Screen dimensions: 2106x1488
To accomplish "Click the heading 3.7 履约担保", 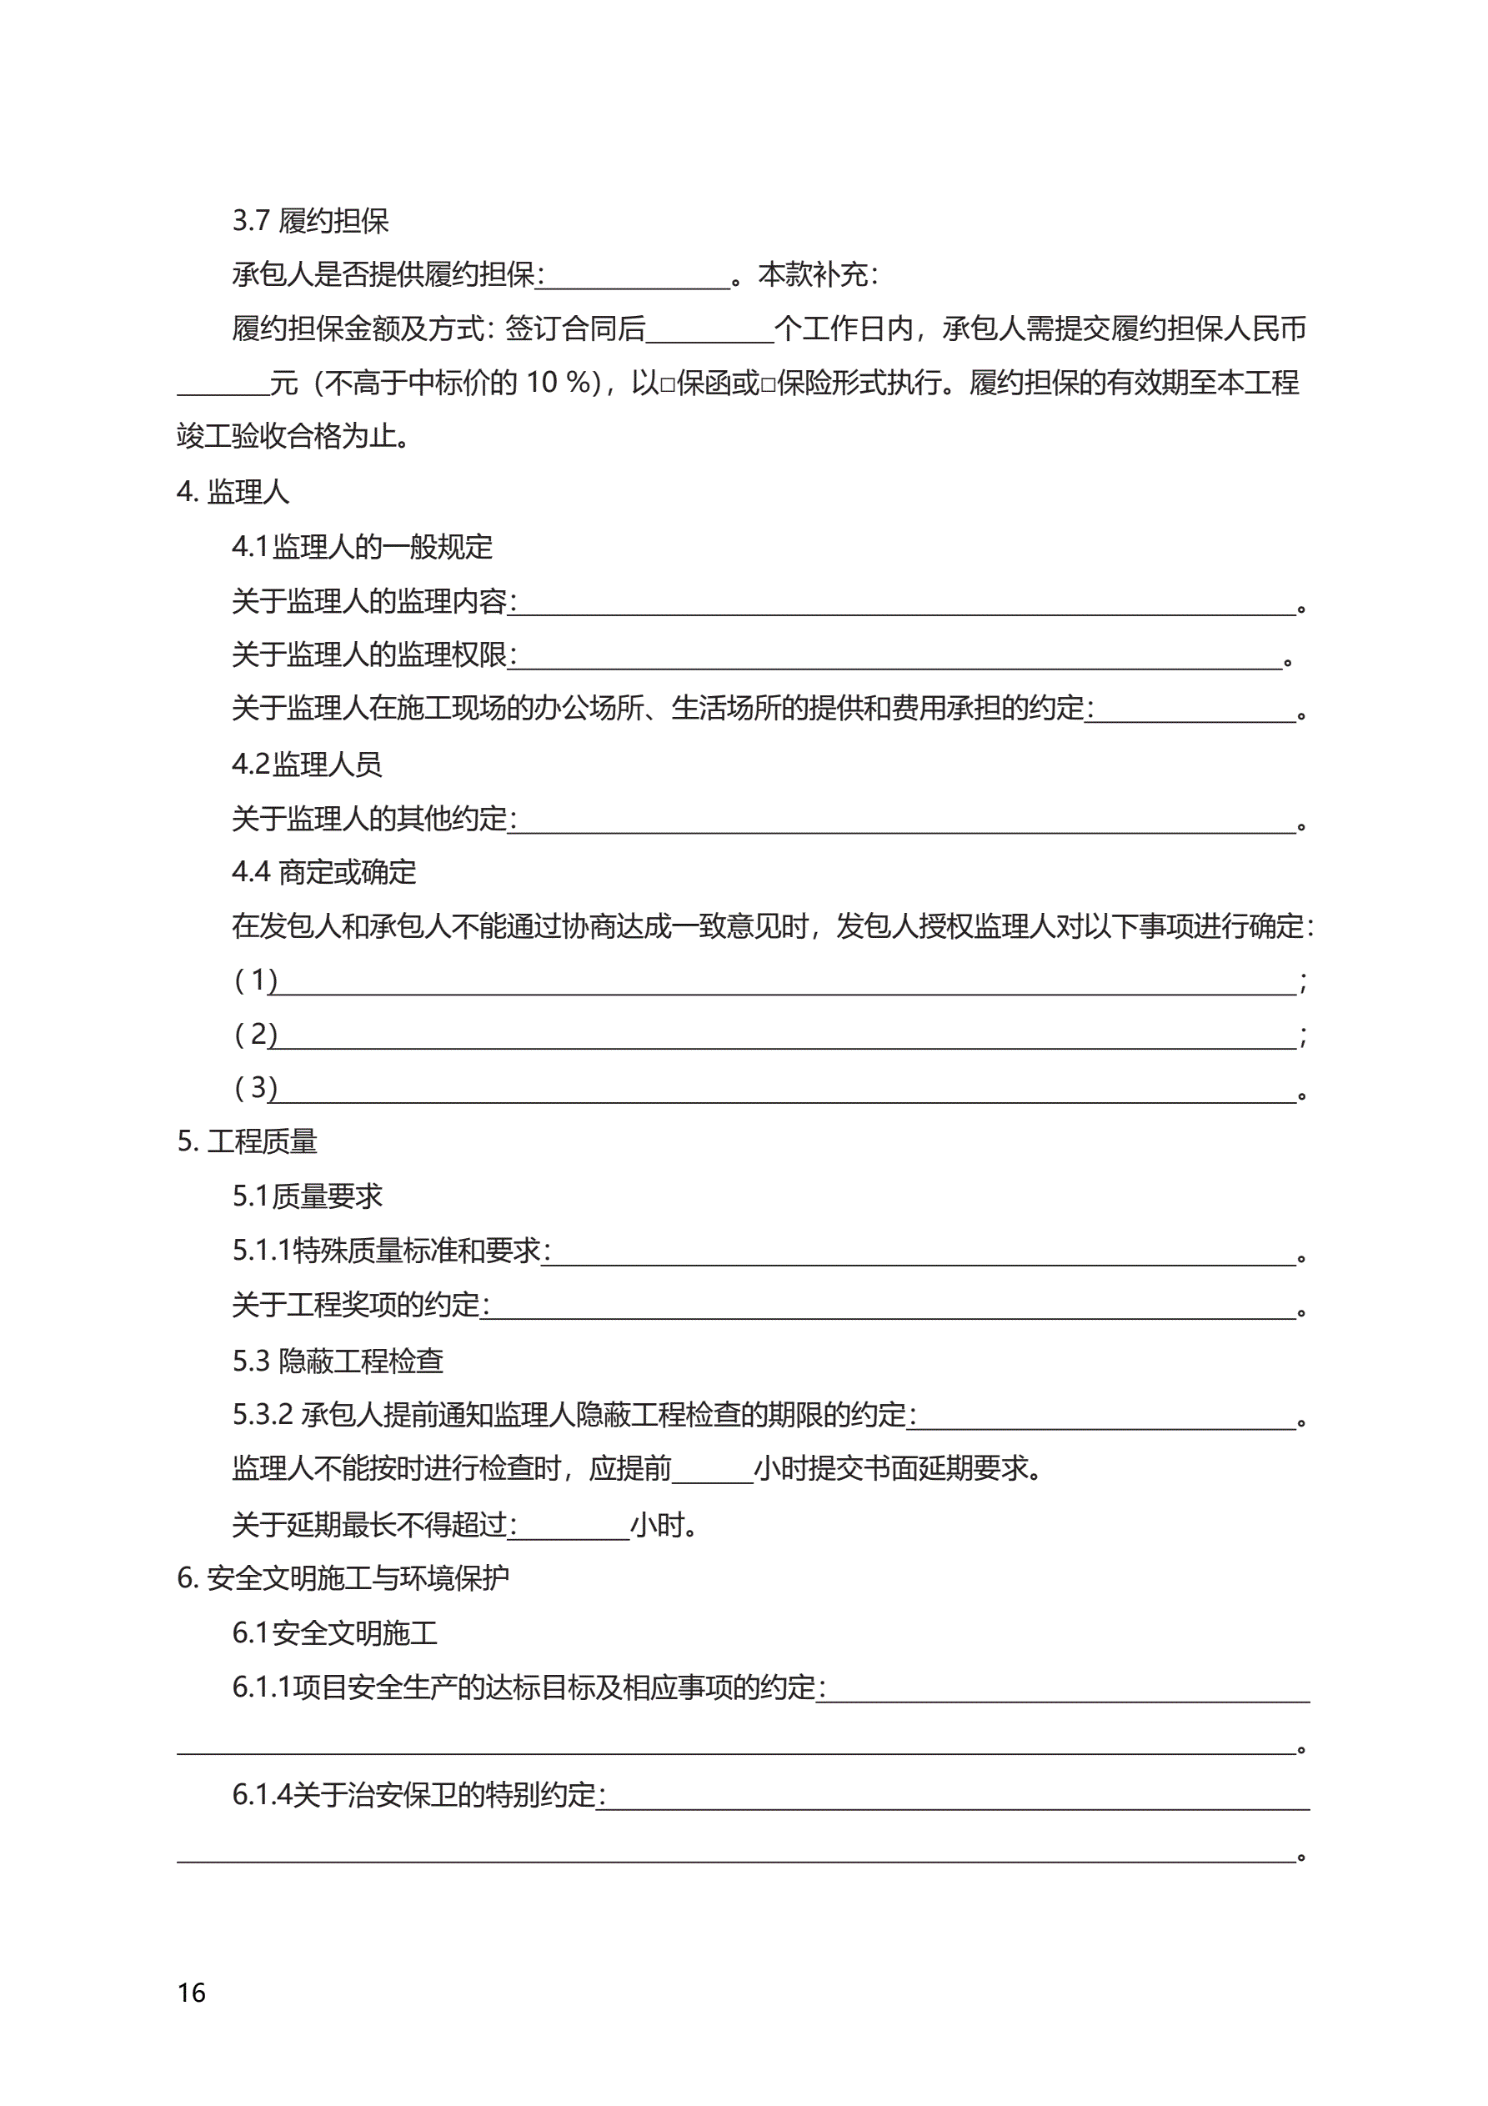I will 310,221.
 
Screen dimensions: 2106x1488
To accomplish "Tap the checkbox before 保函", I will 668,384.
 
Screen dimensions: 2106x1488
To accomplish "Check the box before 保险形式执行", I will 768,384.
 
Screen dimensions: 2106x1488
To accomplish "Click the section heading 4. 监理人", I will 233,493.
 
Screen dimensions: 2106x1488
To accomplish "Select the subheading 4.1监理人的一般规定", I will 363,548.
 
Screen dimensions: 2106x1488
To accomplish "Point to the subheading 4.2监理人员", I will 307,764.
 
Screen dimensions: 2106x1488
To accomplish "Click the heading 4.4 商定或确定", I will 323,872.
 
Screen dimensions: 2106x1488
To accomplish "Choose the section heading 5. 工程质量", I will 247,1142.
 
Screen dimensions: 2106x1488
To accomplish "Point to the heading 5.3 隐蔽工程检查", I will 338,1361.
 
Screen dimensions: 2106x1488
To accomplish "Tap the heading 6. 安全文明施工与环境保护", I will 343,1578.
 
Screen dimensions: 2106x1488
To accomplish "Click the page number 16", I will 192,1993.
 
